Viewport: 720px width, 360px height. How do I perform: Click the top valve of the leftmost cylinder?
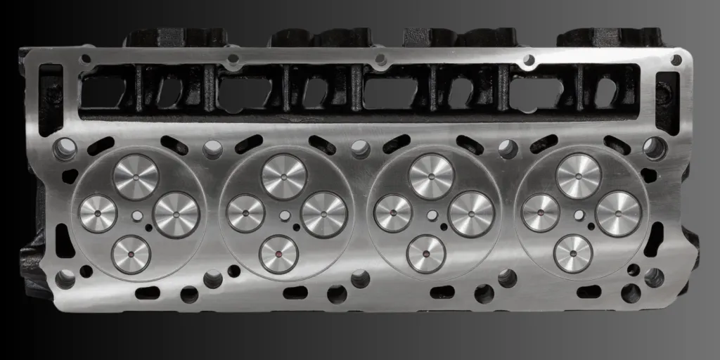(x=136, y=176)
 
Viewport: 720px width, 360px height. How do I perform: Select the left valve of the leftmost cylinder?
(x=98, y=213)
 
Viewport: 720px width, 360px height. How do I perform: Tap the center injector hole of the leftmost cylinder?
(x=137, y=216)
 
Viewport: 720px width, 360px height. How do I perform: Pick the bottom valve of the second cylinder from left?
(x=279, y=254)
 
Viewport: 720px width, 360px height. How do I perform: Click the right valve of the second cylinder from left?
(x=324, y=214)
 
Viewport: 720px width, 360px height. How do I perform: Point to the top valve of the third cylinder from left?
(x=431, y=176)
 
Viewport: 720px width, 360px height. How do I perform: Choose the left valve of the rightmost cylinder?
(x=541, y=212)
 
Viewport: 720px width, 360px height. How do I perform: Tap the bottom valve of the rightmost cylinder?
(x=573, y=253)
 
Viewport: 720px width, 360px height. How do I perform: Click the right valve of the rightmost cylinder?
(x=618, y=213)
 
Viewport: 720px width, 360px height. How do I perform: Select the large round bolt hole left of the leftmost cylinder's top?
(x=65, y=148)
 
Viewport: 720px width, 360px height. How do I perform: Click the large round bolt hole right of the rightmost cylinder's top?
(x=655, y=148)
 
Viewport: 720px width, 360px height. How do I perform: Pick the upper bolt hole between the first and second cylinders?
(x=212, y=149)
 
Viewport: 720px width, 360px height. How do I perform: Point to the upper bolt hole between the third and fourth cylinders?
(x=508, y=149)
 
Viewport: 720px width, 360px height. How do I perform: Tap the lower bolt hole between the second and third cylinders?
(x=360, y=278)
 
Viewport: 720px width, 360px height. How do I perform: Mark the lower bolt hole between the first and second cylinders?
(x=212, y=279)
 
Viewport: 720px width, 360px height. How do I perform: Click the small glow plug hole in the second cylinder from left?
(x=296, y=227)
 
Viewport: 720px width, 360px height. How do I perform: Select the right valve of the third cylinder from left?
(x=470, y=214)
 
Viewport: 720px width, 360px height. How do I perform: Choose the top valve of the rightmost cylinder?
(x=578, y=176)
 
